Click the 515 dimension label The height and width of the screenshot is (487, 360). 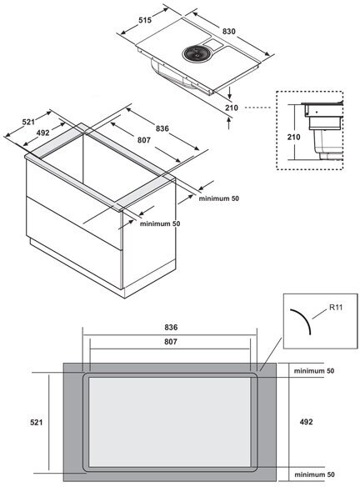point(145,20)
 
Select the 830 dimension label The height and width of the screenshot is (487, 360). point(228,32)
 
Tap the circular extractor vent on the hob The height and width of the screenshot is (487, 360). point(195,53)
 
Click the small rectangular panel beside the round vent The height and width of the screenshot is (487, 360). point(212,44)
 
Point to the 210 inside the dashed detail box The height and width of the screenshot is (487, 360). point(293,137)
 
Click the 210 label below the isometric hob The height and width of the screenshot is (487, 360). point(232,108)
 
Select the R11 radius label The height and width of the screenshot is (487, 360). point(336,308)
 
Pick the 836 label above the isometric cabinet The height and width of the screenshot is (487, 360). point(162,128)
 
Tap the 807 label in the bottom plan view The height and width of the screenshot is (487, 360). point(171,342)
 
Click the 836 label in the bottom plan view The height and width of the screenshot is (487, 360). point(171,328)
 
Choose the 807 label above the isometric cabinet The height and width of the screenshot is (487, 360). point(144,140)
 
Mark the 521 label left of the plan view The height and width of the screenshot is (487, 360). point(37,423)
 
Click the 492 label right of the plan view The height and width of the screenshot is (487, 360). point(307,422)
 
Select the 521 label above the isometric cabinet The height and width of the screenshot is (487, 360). point(28,122)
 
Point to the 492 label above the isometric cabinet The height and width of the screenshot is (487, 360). point(42,133)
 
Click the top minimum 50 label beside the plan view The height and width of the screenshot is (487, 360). point(314,371)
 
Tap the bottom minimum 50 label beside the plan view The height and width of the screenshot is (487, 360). point(314,474)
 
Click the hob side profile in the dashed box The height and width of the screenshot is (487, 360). point(322,130)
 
